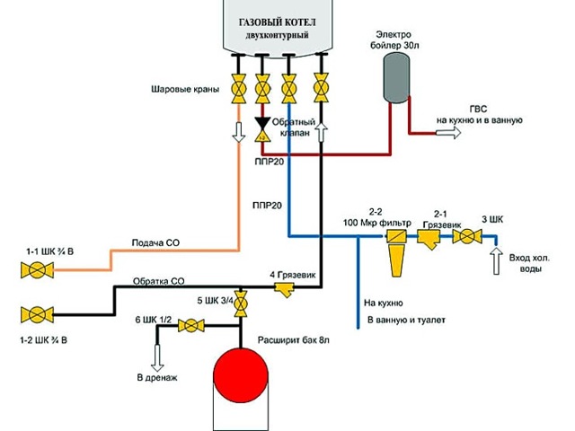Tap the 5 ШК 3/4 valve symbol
tap(241, 307)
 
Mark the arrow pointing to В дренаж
tap(158, 358)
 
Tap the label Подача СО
tap(158, 243)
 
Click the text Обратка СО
tap(158, 280)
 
